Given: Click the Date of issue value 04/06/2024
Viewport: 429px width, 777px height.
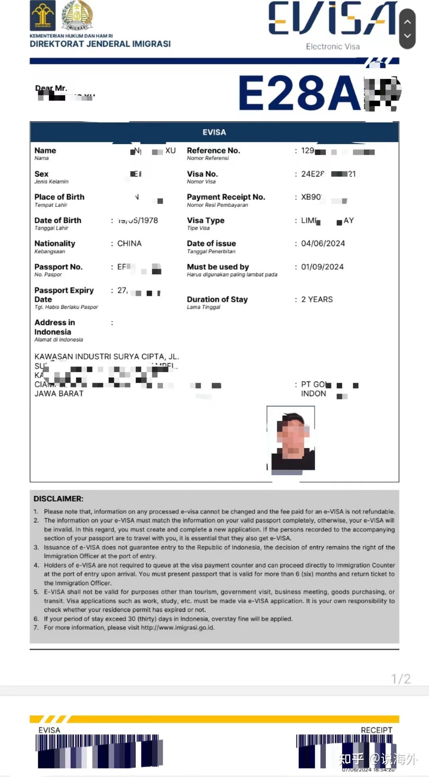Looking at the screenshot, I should [x=323, y=243].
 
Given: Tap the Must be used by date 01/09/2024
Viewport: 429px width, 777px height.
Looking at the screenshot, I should [x=322, y=267].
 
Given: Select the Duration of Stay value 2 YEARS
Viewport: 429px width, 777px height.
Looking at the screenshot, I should [x=317, y=299].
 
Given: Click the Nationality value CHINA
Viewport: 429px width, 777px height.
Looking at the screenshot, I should [x=129, y=243].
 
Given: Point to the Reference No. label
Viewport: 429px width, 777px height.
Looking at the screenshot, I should [x=213, y=150].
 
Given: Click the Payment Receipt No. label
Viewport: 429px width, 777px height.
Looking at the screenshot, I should [x=226, y=197].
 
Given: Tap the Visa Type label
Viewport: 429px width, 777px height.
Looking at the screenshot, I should [x=205, y=220].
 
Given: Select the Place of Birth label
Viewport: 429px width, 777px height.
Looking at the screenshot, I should [x=59, y=197].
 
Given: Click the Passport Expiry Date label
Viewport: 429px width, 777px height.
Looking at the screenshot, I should [x=64, y=295].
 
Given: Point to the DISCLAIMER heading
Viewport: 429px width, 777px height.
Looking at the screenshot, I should [x=58, y=499].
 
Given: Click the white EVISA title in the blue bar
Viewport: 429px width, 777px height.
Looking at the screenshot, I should [x=214, y=132].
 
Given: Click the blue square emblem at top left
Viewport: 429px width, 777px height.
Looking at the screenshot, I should [x=43, y=15].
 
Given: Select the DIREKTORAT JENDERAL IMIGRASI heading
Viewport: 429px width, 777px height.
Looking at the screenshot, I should [x=100, y=44].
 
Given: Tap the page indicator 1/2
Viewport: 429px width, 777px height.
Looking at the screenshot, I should [x=400, y=679].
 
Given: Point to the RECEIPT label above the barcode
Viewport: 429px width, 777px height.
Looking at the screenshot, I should [x=376, y=730].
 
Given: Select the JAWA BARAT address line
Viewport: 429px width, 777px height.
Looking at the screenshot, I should [x=59, y=393].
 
